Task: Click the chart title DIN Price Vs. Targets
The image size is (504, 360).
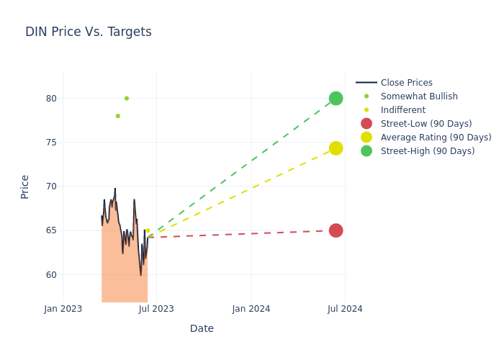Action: click(88, 32)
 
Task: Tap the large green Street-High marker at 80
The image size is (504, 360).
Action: click(336, 98)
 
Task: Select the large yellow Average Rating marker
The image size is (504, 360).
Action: click(336, 148)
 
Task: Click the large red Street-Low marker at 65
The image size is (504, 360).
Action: click(336, 230)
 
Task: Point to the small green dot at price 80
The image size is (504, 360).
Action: click(127, 98)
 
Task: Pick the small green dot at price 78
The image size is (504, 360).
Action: click(118, 116)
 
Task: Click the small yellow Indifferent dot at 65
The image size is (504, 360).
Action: click(148, 230)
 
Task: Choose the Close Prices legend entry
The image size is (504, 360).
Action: click(406, 83)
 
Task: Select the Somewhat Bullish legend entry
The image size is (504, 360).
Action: click(419, 96)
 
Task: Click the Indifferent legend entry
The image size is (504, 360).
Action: click(402, 110)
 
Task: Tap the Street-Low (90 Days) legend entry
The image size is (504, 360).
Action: click(426, 124)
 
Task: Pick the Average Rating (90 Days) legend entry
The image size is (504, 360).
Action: click(436, 138)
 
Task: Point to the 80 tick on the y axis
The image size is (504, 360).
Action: click(50, 99)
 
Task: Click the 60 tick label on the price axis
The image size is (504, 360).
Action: click(50, 275)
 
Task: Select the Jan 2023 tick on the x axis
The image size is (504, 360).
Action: click(63, 309)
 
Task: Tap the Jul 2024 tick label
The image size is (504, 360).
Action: click(345, 309)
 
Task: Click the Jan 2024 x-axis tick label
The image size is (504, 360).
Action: click(251, 309)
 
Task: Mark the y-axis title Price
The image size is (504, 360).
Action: click(25, 186)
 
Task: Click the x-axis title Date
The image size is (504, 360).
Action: click(202, 328)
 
